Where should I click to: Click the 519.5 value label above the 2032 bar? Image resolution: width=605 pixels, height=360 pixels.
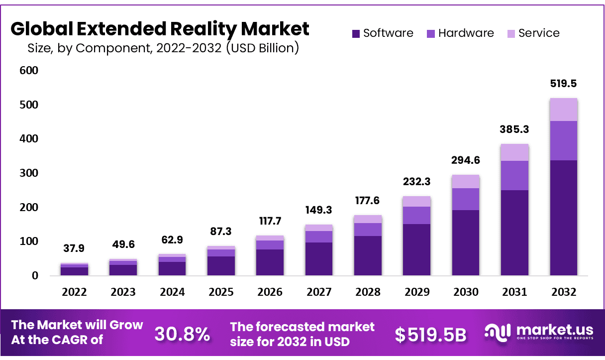563,84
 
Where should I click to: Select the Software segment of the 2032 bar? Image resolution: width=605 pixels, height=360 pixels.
563,218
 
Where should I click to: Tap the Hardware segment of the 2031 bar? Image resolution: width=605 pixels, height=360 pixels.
514,175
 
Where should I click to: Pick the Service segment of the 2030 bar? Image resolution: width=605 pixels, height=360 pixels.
466,181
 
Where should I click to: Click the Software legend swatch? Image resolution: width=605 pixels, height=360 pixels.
356,34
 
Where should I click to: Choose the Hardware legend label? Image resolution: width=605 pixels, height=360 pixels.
466,33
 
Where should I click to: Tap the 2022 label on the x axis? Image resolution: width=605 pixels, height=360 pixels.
75,292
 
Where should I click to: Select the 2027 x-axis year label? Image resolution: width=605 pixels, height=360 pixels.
319,292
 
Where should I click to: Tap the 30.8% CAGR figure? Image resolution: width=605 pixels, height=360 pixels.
182,334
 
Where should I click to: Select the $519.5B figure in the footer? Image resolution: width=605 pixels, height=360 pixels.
430,335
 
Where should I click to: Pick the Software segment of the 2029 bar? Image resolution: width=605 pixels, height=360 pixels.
417,249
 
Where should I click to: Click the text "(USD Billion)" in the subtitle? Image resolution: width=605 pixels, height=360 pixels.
262,48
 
